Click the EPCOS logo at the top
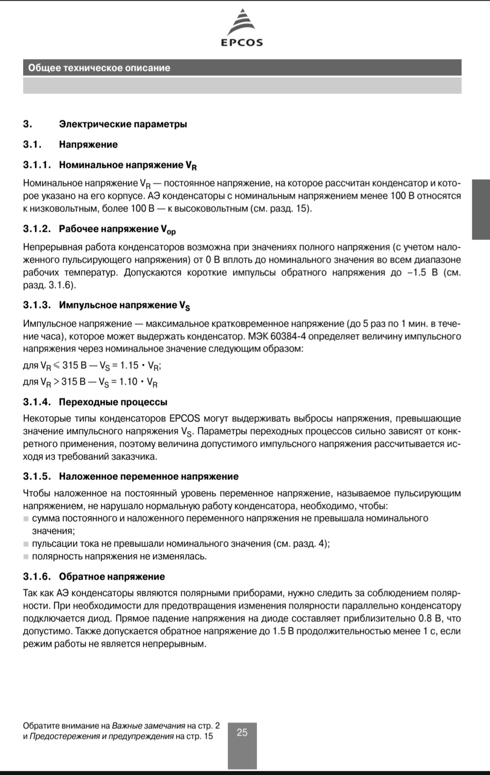pyautogui.click(x=242, y=28)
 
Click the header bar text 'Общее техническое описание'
pyautogui.click(x=99, y=68)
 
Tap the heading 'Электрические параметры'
pyautogui.click(x=123, y=124)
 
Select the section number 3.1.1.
pyautogui.click(x=37, y=165)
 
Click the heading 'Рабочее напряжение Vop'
pyautogui.click(x=117, y=229)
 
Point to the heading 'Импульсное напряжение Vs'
pyautogui.click(x=124, y=305)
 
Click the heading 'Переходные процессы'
pyautogui.click(x=113, y=402)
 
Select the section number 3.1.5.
pyautogui.click(x=37, y=476)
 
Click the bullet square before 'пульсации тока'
pyautogui.click(x=26, y=544)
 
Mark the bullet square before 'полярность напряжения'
pyautogui.click(x=26, y=557)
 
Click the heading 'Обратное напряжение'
pyautogui.click(x=112, y=576)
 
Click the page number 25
pyautogui.click(x=242, y=732)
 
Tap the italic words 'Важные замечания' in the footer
pyautogui.click(x=148, y=726)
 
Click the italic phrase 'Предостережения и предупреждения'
pyautogui.click(x=101, y=736)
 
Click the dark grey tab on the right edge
pyautogui.click(x=480, y=209)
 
